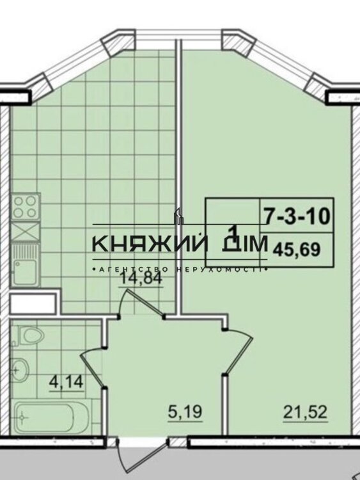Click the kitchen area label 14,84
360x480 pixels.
pyautogui.click(x=141, y=278)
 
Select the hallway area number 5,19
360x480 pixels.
pyautogui.click(x=185, y=412)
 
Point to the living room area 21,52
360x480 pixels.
pyautogui.click(x=305, y=412)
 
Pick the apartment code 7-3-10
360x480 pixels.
pyautogui.click(x=297, y=216)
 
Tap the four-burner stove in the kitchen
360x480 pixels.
pyautogui.click(x=26, y=206)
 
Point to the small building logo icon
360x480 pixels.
pyautogui.click(x=178, y=216)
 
